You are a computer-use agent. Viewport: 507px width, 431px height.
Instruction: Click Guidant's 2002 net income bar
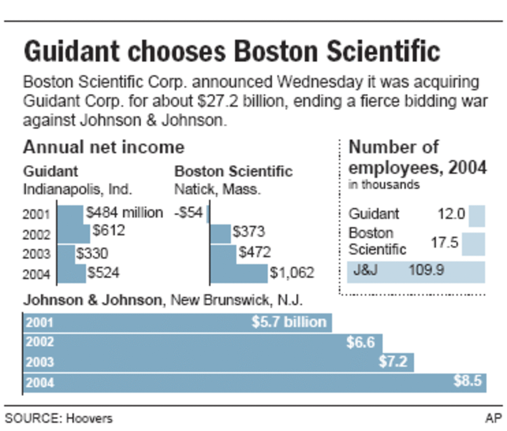point(74,234)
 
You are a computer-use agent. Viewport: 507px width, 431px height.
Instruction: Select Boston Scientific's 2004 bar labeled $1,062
point(239,274)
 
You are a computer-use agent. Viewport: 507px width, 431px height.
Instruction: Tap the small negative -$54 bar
point(208,214)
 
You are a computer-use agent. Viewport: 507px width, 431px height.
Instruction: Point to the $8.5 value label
point(467,381)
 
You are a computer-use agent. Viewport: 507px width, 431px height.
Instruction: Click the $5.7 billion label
point(289,322)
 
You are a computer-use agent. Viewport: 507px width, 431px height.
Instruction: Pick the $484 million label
point(124,213)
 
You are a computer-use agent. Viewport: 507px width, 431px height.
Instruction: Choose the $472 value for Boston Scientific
point(255,252)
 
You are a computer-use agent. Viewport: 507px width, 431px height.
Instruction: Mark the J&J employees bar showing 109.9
point(416,272)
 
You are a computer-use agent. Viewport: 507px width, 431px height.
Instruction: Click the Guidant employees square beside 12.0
point(477,216)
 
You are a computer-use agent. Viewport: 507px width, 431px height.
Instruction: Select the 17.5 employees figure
point(444,243)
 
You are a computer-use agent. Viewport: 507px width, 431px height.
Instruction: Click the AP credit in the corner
point(493,418)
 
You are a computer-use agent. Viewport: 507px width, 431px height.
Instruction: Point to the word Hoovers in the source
point(89,418)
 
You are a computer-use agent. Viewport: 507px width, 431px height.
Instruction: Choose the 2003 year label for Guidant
point(36,254)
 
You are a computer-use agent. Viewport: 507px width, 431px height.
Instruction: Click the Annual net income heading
point(104,148)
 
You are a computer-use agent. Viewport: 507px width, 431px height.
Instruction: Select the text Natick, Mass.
point(217,189)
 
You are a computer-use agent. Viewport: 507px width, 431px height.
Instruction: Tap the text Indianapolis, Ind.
point(77,189)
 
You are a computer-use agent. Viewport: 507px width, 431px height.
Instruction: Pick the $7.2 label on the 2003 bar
point(393,361)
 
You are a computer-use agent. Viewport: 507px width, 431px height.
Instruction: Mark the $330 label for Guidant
point(92,253)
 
